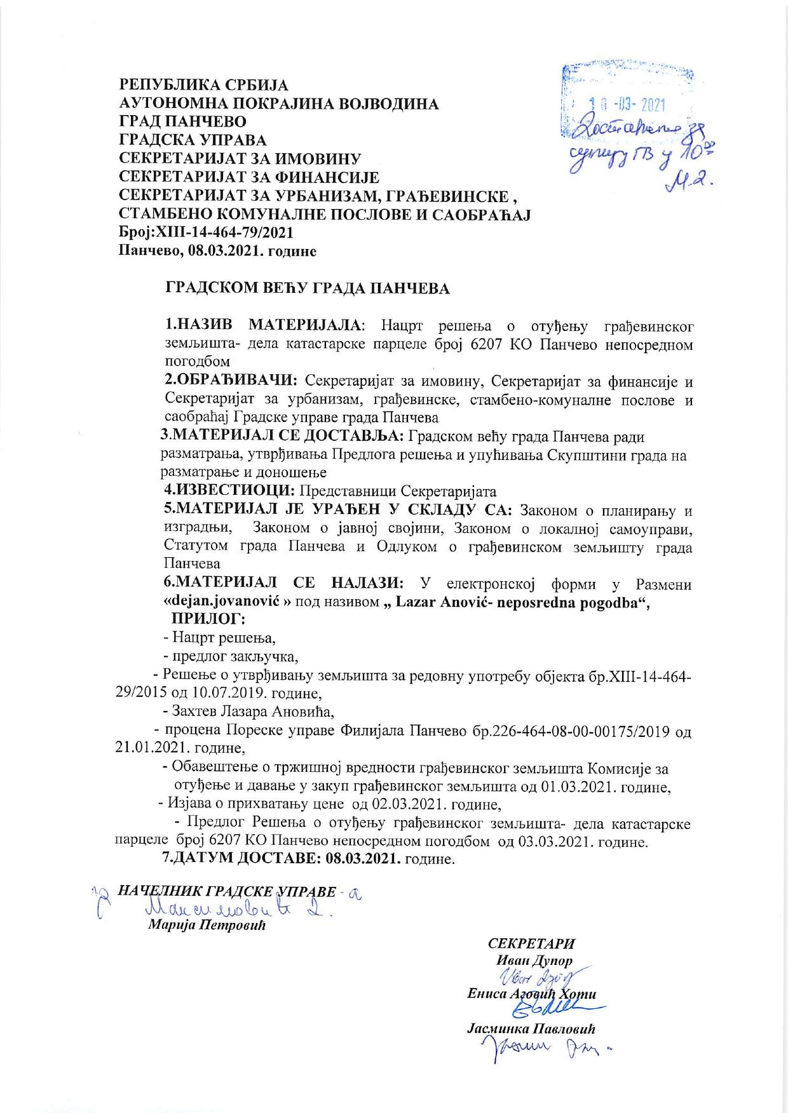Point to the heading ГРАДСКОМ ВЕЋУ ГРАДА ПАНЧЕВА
308,288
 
